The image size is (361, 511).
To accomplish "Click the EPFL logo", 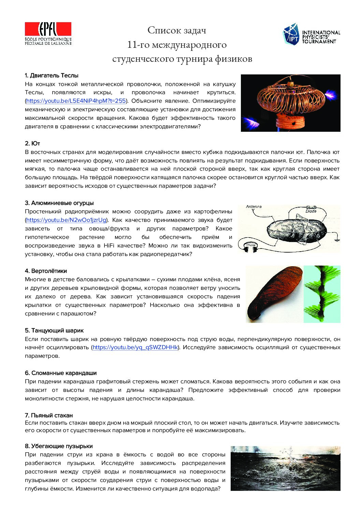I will point(48,33).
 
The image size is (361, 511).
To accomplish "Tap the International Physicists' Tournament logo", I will point(312,34).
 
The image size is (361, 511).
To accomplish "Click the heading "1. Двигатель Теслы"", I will point(52,75).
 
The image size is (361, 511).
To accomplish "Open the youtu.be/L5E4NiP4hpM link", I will point(76,101).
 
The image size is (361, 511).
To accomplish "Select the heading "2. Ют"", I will point(32,143).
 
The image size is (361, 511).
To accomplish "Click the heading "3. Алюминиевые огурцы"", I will point(59,203).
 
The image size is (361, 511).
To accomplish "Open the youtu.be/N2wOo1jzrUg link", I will point(66,220).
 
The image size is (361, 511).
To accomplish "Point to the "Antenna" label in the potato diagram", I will point(254,207).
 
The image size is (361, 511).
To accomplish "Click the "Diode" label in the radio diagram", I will point(311,211).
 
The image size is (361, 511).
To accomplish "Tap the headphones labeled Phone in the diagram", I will point(251,248).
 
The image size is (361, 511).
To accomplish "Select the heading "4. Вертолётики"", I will point(46,271).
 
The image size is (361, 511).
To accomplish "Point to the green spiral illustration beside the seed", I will point(322,294).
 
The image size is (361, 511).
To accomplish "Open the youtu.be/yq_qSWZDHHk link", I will point(135,347).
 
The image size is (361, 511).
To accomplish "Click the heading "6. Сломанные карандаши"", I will point(61,373).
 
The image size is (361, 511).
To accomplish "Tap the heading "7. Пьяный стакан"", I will point(49,415).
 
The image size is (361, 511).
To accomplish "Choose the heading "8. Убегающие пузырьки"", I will point(59,446).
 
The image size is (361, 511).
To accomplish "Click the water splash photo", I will point(285,468).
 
